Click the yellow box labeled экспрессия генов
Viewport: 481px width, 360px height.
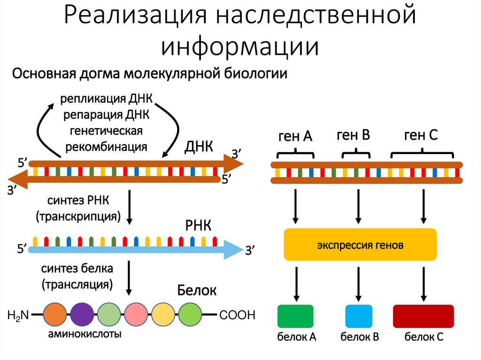tap(360, 245)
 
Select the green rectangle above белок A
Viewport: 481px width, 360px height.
tap(295, 316)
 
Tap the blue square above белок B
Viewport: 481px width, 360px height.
tap(359, 316)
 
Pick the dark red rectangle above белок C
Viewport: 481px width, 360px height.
tap(423, 316)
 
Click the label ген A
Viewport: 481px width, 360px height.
tap(295, 137)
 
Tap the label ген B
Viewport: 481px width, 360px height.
tap(354, 136)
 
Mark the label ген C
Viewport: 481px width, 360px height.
tap(420, 136)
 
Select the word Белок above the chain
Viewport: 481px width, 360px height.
tap(197, 291)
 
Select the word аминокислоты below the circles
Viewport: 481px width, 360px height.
tap(85, 334)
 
